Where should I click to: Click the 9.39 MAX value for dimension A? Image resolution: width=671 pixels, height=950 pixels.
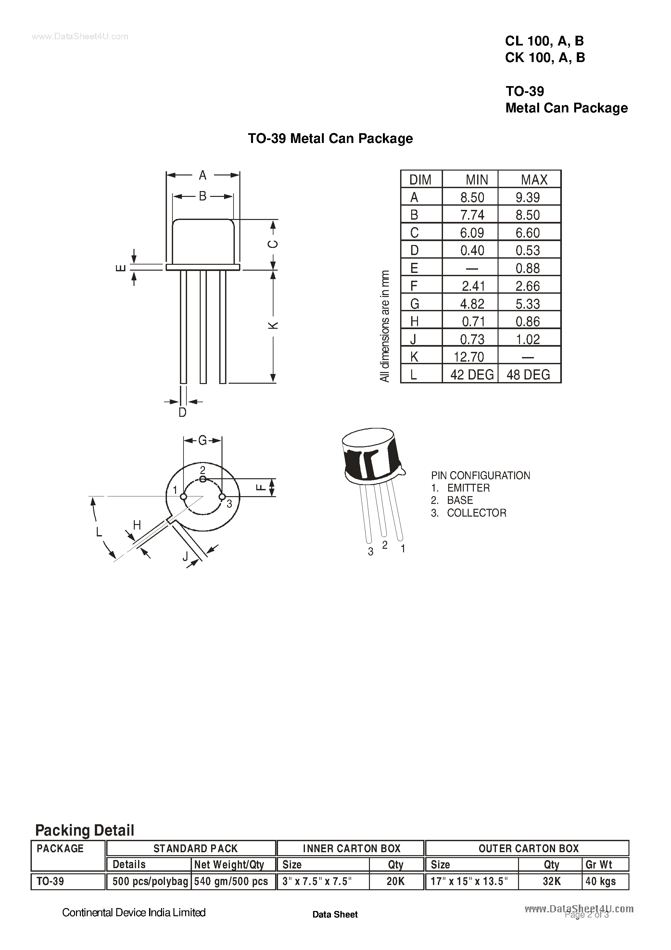527,197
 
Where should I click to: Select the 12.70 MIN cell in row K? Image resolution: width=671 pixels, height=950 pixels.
469,357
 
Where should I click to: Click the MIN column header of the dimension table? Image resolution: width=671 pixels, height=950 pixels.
476,180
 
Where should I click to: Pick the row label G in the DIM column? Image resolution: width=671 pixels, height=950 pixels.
414,304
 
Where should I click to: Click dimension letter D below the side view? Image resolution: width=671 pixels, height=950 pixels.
183,413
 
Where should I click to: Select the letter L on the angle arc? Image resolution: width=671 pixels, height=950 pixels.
99,532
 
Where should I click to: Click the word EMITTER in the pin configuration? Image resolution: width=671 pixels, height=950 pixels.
468,488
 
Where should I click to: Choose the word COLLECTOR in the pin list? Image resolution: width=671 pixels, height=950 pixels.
476,513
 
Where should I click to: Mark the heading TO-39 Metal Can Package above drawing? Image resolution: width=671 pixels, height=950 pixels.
330,138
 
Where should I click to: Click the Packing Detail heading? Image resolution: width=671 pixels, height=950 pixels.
85,830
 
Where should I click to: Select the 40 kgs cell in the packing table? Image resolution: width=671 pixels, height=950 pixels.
601,881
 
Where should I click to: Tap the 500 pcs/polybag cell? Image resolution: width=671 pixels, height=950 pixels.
150,881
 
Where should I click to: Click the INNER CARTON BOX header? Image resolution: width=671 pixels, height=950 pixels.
351,849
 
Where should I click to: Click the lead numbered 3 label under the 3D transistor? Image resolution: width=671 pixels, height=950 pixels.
371,552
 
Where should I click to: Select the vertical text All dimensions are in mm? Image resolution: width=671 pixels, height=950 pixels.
385,326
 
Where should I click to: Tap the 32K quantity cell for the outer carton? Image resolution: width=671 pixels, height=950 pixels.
551,881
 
